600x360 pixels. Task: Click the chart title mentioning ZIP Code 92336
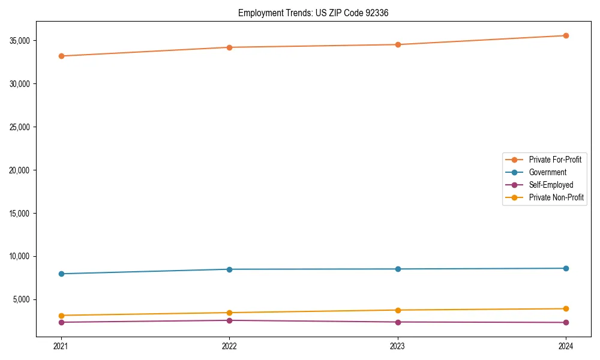(x=313, y=13)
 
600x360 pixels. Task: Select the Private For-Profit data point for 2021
(x=61, y=56)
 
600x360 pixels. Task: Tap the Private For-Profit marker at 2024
(x=566, y=35)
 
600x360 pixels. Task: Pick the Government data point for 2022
(x=229, y=269)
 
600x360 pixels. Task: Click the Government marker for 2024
(x=566, y=268)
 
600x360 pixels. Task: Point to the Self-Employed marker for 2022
(x=229, y=320)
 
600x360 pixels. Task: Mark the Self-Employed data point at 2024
(x=566, y=322)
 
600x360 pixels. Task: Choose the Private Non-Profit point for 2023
(x=398, y=310)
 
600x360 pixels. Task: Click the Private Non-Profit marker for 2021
(x=61, y=316)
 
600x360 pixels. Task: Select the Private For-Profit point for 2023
(x=398, y=44)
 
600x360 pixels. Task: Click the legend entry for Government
(x=547, y=172)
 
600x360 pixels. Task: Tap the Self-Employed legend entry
(x=551, y=185)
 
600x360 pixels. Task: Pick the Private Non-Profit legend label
(x=556, y=197)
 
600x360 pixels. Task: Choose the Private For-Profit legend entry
(x=554, y=160)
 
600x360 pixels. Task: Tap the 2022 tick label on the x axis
(x=229, y=346)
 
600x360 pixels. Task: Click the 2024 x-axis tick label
(x=566, y=346)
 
